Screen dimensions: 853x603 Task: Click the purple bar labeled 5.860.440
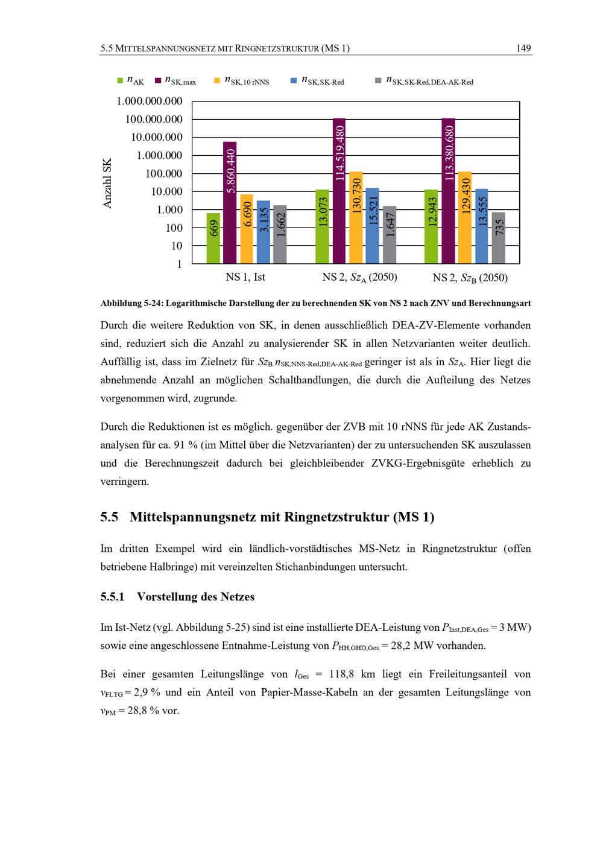click(x=230, y=203)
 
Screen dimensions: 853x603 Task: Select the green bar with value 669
click(x=213, y=238)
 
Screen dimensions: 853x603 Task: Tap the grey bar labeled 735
click(x=499, y=238)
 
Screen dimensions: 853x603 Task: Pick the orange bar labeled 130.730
click(x=356, y=218)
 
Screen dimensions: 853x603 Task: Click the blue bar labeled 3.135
click(x=264, y=232)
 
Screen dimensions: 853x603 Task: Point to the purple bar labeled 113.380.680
click(x=449, y=191)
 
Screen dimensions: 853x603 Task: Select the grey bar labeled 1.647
click(x=390, y=235)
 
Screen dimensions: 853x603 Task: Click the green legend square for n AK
click(x=120, y=80)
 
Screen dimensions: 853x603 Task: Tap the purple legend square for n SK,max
click(x=158, y=80)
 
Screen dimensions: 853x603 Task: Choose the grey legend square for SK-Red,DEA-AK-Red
click(x=378, y=80)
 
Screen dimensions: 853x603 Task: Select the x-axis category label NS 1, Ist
click(x=245, y=277)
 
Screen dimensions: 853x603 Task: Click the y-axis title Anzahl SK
click(x=108, y=183)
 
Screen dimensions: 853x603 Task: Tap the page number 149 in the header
click(x=523, y=48)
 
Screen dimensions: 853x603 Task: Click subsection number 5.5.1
click(x=112, y=597)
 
